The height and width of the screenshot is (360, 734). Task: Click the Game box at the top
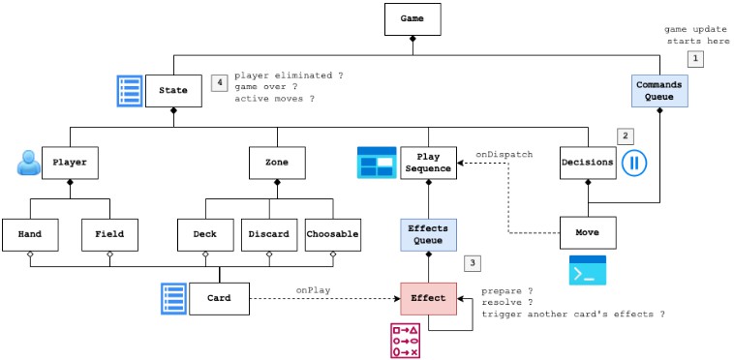[413, 18]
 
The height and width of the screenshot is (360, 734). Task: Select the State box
[174, 91]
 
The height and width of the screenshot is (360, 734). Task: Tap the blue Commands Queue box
[658, 90]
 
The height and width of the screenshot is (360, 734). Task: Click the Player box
[70, 162]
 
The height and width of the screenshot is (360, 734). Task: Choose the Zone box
[277, 162]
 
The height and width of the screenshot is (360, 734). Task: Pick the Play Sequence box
[428, 162]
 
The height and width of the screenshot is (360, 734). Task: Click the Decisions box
[588, 162]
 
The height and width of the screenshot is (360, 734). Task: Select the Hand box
[30, 233]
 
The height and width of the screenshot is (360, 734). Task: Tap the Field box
[109, 233]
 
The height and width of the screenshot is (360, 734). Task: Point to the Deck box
[205, 233]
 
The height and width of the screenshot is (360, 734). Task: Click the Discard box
[268, 233]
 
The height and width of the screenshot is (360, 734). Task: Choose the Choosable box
[332, 233]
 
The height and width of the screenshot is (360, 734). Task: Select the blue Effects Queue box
[428, 233]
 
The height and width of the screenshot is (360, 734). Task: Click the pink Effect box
[428, 298]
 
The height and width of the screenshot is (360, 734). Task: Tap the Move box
[588, 233]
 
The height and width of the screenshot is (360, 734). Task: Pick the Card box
[220, 298]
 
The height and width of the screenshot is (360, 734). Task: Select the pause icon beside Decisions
[634, 162]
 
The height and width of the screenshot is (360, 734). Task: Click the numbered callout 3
[473, 261]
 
